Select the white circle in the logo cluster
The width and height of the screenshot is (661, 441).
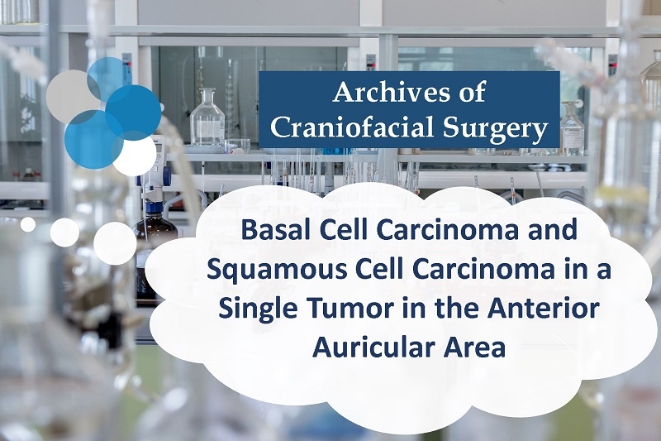tap(134, 155)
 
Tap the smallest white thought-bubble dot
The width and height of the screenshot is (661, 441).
tap(28, 224)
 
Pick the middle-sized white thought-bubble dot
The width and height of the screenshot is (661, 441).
tap(64, 232)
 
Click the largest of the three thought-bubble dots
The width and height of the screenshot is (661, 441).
tap(115, 243)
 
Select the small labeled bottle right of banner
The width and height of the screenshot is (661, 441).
tap(572, 129)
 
